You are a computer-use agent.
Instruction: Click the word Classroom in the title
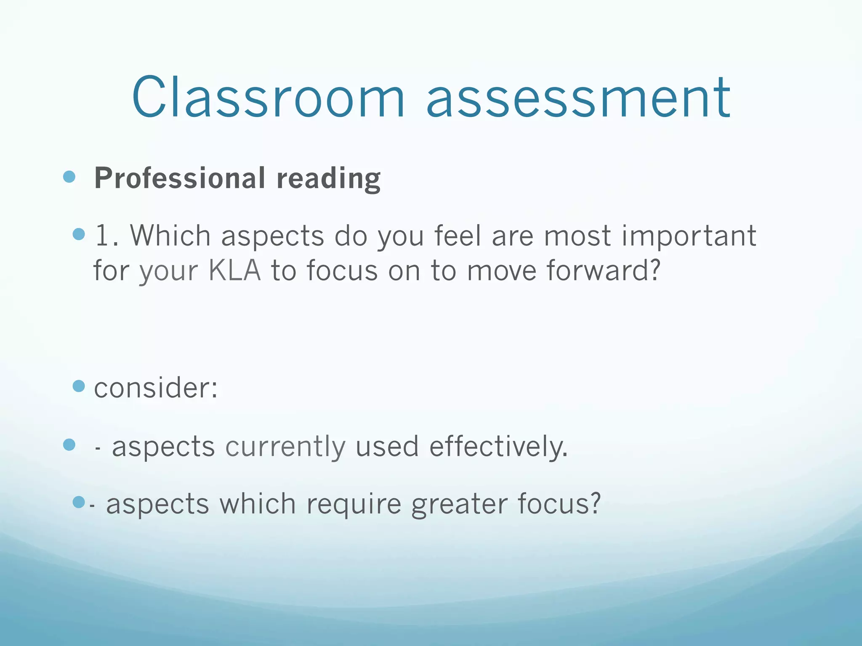click(268, 98)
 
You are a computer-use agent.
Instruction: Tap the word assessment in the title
click(579, 98)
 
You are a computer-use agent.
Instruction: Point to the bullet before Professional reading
click(69, 177)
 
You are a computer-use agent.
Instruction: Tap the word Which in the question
click(170, 236)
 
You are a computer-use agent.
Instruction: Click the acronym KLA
click(235, 270)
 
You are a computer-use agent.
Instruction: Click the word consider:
click(156, 388)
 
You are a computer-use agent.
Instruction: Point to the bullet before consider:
click(79, 386)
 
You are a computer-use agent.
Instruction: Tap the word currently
click(285, 447)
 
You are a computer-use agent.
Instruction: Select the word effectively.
click(498, 447)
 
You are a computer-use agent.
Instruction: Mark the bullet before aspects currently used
click(69, 445)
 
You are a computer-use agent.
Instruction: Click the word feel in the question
click(458, 236)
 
